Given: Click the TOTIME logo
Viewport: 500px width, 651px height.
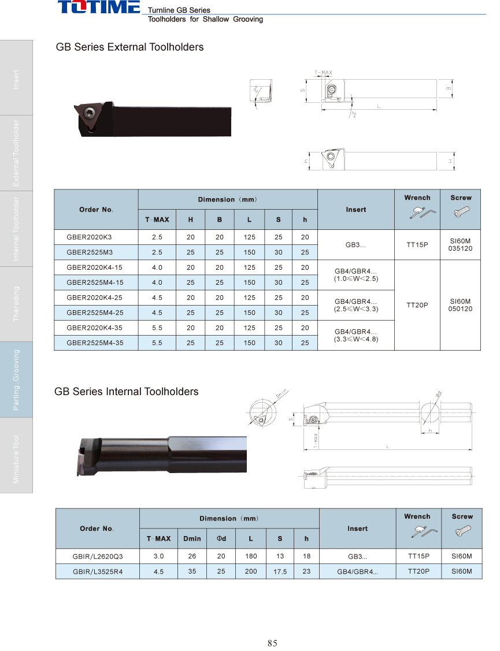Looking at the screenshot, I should (99, 8).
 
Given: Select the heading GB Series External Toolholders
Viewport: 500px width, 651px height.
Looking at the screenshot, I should (129, 47).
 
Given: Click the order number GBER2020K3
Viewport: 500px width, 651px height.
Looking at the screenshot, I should (90, 237).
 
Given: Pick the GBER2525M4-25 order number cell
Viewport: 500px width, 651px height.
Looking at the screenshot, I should (95, 313).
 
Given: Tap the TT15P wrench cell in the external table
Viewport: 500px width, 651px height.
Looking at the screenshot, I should (417, 244).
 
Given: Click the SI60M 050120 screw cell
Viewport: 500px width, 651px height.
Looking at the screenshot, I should (460, 305).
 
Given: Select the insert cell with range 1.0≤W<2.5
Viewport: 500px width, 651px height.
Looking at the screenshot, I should (355, 274).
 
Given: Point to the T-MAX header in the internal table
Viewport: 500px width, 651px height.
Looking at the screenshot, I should (158, 538).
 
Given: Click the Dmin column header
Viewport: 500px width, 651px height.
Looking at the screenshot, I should (192, 538).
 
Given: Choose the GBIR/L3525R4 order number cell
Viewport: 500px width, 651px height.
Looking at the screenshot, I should (98, 572).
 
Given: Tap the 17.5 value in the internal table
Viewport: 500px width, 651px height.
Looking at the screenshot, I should (280, 572).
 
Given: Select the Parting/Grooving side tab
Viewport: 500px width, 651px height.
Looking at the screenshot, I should (16, 380).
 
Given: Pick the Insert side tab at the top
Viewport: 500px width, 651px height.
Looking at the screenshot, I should (16, 79).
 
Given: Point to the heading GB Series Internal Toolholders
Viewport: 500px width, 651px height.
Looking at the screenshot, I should (126, 392).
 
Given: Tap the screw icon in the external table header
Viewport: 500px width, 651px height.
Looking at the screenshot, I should (461, 211).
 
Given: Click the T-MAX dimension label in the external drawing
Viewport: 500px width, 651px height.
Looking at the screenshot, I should (323, 73).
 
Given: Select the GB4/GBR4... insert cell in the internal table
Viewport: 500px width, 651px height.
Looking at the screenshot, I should (357, 572).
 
